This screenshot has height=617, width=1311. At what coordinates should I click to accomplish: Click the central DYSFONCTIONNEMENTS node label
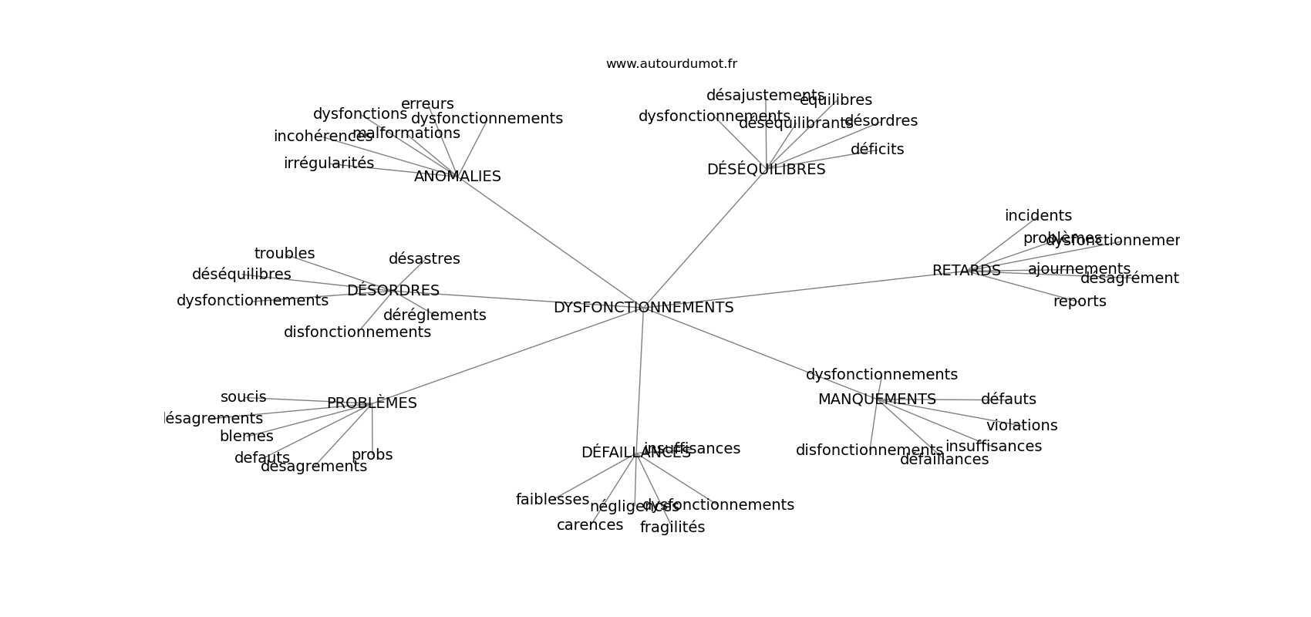coord(643,308)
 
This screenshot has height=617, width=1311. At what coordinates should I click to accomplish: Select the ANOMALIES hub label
coord(457,177)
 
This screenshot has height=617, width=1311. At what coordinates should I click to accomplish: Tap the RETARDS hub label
coord(966,271)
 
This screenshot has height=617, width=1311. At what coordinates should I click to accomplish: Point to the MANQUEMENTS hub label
coord(877,400)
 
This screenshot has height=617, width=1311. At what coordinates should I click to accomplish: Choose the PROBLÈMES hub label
coord(372,403)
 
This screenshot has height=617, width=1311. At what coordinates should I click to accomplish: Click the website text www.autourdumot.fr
coord(671,64)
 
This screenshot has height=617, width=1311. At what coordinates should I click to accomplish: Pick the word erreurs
coord(427,104)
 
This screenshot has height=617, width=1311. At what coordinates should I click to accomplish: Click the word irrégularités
coord(329,164)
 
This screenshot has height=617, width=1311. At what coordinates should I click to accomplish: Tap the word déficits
coord(877,150)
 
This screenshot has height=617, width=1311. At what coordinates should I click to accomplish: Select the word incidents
coord(1038,216)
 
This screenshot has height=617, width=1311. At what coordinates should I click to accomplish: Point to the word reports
coord(1080,302)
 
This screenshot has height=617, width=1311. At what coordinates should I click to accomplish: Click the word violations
coord(1022,426)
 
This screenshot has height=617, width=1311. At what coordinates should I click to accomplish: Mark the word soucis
coord(243,397)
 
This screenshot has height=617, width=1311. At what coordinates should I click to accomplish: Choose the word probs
coord(372,455)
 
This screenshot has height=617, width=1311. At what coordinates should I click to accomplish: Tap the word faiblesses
coord(552,500)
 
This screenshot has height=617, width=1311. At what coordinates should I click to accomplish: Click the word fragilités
coord(672,528)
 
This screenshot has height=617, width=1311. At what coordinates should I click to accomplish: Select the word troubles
coord(285,254)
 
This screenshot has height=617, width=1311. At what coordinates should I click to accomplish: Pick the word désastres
coord(424,259)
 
